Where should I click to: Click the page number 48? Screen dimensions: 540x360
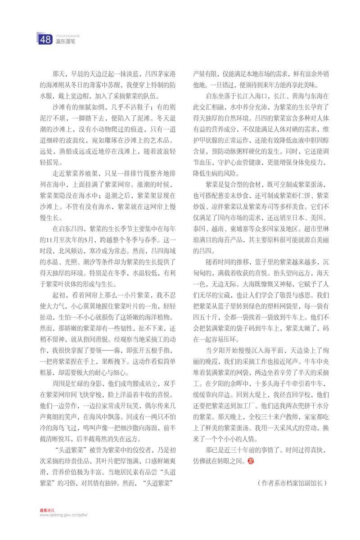click(45, 40)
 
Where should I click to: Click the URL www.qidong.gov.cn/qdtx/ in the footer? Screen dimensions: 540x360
click(63, 516)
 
